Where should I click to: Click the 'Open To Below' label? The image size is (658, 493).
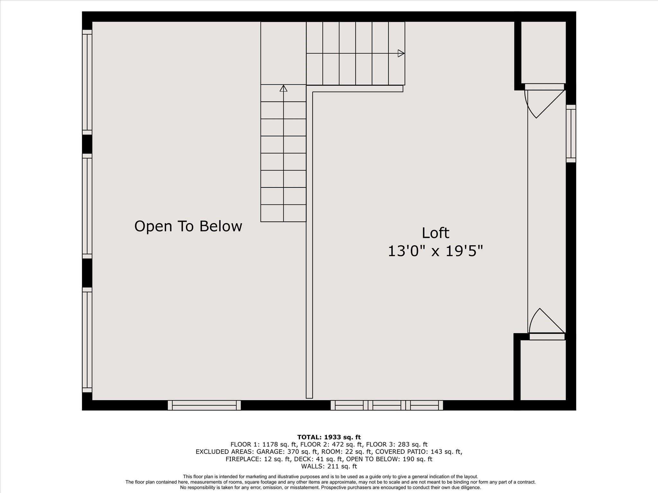(x=188, y=226)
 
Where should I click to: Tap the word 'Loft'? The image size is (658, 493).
(x=435, y=233)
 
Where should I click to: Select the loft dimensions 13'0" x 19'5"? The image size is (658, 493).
(x=435, y=251)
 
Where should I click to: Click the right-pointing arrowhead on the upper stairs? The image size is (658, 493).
(x=401, y=53)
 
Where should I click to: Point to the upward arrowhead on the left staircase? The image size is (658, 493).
(x=283, y=88)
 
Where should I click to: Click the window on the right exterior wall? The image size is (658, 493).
(x=571, y=134)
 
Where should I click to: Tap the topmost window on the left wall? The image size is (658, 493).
(x=87, y=82)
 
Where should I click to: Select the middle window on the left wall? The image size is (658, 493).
(x=87, y=206)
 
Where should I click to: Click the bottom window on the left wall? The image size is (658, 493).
(x=87, y=340)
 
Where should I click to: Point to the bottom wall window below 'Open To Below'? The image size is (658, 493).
(x=204, y=405)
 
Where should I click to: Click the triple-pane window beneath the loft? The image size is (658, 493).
(x=387, y=405)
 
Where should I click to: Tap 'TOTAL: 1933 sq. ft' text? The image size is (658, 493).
(x=329, y=437)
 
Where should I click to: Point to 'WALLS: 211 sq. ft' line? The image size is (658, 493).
(x=329, y=466)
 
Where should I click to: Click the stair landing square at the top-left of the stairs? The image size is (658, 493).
(x=283, y=53)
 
